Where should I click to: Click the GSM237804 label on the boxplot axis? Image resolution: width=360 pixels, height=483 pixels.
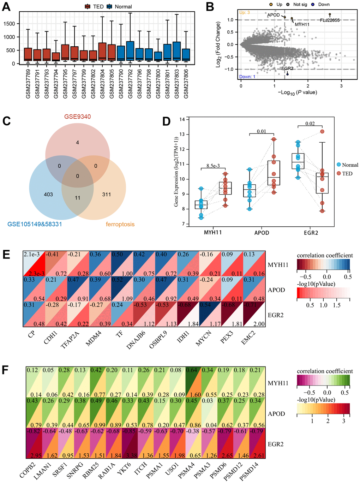(x=102, y=84)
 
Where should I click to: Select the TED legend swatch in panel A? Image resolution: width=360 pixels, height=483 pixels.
(x=88, y=7)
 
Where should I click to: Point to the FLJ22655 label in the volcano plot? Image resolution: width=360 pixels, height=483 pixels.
(x=330, y=20)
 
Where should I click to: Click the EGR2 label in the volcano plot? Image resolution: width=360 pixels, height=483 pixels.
(x=287, y=68)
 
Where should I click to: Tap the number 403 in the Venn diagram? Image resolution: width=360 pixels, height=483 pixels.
(x=48, y=195)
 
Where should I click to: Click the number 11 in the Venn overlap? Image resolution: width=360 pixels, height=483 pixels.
(x=78, y=198)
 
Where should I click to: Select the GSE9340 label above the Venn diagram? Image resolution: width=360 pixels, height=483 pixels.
(x=77, y=117)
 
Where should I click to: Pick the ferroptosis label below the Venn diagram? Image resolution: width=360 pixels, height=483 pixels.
(x=120, y=224)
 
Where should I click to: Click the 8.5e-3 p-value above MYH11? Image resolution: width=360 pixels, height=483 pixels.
(x=213, y=166)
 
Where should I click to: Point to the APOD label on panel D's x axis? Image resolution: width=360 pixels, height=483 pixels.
(x=262, y=233)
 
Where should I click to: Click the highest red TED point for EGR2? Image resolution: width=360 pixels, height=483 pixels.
(x=322, y=132)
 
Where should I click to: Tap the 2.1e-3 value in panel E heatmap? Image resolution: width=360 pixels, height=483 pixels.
(x=32, y=255)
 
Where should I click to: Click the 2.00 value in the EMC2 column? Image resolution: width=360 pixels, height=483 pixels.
(x=259, y=324)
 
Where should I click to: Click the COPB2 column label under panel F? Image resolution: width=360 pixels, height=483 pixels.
(x=28, y=471)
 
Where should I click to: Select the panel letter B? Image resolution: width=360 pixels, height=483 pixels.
(x=210, y=7)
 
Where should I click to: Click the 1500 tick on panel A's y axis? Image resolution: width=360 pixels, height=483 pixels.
(x=9, y=24)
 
